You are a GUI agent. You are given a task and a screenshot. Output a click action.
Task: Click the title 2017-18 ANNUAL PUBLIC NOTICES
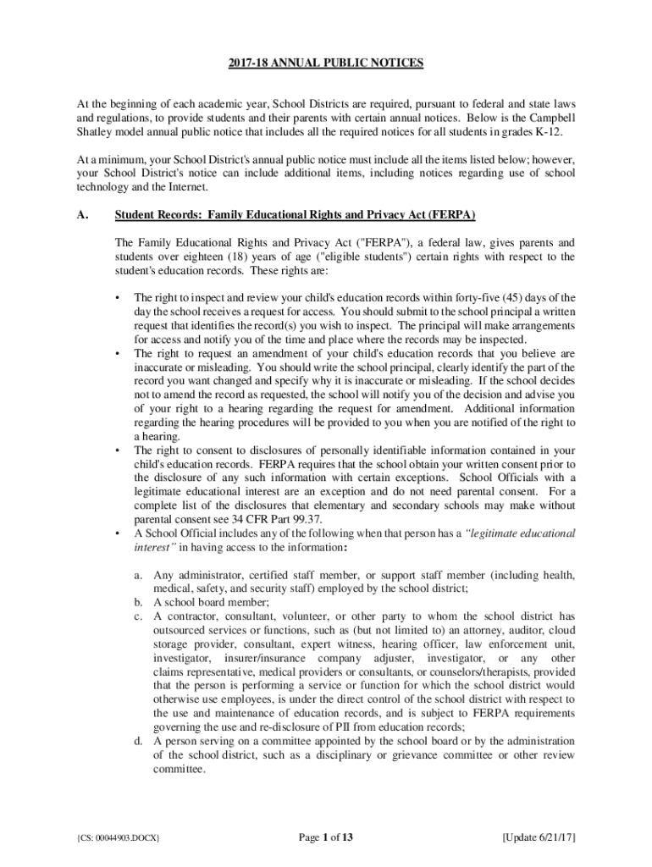325,64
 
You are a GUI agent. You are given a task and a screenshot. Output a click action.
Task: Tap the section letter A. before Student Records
81,215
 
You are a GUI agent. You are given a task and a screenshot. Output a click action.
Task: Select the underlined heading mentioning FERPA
301,215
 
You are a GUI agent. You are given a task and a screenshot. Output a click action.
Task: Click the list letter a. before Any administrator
137,576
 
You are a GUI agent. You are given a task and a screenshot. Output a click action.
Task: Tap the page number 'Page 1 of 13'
326,838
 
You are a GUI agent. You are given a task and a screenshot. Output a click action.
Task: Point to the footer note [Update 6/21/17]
539,838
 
